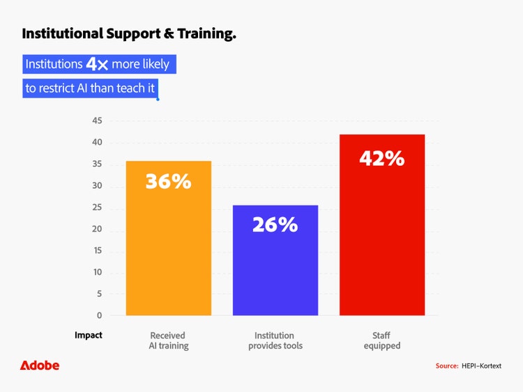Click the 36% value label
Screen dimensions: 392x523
tap(168, 182)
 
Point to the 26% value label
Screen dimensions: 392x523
tap(275, 225)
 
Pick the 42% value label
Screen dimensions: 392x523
tap(381, 159)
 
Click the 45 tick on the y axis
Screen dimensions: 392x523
tap(97, 121)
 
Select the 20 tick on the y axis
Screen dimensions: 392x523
tap(97, 229)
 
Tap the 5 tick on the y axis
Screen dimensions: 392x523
tap(99, 294)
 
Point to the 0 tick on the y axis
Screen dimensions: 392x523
tap(99, 315)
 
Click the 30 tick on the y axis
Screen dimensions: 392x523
tap(97, 186)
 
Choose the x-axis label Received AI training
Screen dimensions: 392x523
tap(168, 340)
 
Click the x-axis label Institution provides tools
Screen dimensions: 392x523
tap(275, 340)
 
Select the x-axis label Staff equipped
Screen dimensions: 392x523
tap(381, 340)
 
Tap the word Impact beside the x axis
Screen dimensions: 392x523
tap(89, 336)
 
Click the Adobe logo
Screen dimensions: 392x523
tap(40, 366)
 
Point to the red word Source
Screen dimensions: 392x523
tap(446, 366)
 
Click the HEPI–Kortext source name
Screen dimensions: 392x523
tap(481, 366)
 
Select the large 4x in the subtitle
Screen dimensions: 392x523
tap(97, 65)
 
